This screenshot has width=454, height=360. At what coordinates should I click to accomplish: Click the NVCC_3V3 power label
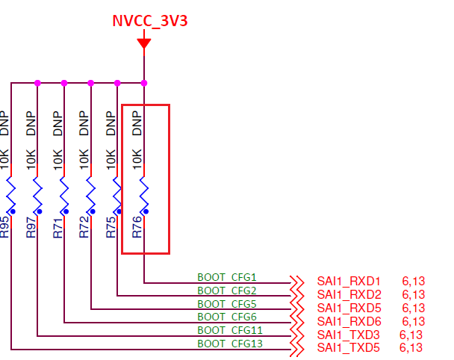coord(149,20)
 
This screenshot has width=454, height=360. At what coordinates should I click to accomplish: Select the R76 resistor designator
coord(137,227)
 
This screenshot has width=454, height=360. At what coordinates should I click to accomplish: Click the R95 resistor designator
coord(4,227)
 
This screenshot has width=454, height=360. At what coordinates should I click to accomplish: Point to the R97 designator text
coord(31,227)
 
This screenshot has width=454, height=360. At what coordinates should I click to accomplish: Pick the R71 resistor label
coord(57,227)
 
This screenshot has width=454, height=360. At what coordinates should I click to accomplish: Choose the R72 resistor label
coord(84,227)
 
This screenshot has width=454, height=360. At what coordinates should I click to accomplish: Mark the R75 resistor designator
coord(111,227)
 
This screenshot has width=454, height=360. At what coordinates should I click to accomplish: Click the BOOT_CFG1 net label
coord(227,277)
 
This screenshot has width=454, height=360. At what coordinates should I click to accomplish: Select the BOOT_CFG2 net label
coord(227,291)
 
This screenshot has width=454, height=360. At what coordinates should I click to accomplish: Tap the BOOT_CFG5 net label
coord(227,304)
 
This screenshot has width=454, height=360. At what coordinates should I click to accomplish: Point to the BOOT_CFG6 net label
coord(227,317)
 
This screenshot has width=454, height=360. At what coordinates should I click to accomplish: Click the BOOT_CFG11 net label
coord(229,330)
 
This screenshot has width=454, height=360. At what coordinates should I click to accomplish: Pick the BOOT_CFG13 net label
coord(229,344)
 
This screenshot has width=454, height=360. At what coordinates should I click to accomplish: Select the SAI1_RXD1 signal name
coord(349,281)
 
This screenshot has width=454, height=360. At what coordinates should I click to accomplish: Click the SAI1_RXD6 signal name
coord(349,321)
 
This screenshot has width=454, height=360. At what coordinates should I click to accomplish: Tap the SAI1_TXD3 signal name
coord(348,335)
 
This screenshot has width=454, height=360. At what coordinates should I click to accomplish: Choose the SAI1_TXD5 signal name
coord(348,348)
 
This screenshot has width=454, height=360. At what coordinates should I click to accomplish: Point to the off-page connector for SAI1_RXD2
coord(297,295)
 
